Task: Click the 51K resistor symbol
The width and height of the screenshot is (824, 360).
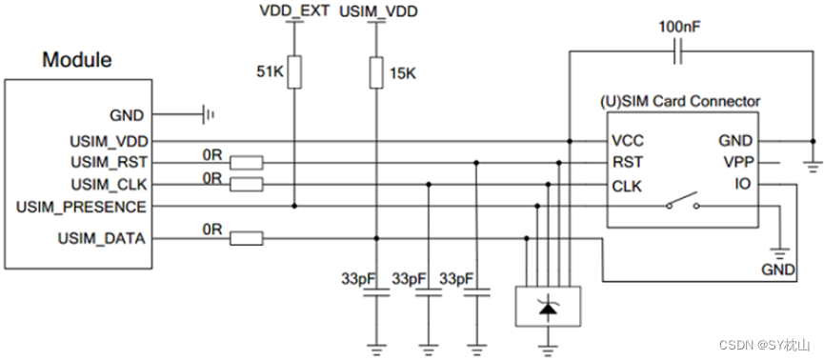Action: pyautogui.click(x=293, y=72)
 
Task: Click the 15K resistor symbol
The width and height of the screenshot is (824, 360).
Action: pyautogui.click(x=376, y=72)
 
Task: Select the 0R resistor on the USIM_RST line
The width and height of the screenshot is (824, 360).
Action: pyautogui.click(x=248, y=163)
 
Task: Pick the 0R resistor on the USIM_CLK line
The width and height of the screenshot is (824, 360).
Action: pyautogui.click(x=248, y=184)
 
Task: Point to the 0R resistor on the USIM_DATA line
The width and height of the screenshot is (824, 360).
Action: pyautogui.click(x=248, y=238)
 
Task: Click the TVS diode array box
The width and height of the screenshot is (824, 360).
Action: pyautogui.click(x=548, y=306)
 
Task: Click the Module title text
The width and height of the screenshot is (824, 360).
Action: pyautogui.click(x=76, y=60)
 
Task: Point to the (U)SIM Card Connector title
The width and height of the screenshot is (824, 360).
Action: pyautogui.click(x=678, y=100)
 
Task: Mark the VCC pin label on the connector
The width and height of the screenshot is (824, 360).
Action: pyautogui.click(x=628, y=141)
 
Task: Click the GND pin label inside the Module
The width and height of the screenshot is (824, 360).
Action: pyautogui.click(x=128, y=116)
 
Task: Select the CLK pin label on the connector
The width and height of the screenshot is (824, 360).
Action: pyautogui.click(x=627, y=186)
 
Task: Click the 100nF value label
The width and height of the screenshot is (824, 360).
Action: pyautogui.click(x=677, y=26)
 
